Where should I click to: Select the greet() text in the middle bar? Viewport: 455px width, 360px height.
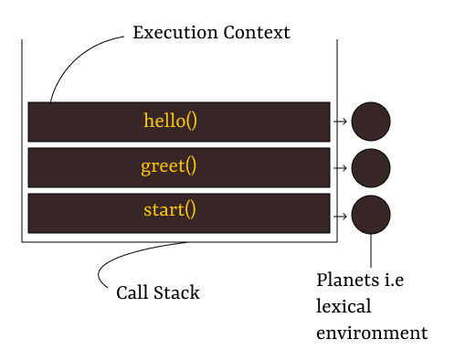coord(169,166)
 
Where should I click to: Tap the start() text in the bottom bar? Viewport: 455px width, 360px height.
coord(170,210)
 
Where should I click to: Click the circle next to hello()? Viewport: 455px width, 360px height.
coord(370,122)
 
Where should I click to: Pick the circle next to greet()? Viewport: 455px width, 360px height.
coord(370,168)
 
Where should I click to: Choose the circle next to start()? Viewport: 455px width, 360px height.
coord(370,216)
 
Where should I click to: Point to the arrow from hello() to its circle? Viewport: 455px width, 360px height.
coord(340,122)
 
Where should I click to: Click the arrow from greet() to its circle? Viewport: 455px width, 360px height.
coord(340,168)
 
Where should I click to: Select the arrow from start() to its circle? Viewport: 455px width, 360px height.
coord(340,216)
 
